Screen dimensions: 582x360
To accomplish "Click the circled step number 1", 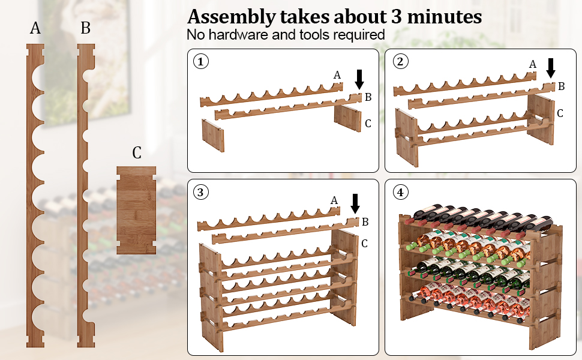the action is coord(201,61).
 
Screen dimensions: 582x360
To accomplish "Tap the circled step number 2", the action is coord(400,61).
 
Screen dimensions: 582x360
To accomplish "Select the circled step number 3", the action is coord(200,192).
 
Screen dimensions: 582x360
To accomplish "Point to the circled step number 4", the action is coord(400,192).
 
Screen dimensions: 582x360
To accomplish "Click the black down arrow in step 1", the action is coord(359,79).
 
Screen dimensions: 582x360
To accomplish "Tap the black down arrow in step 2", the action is coord(551,68).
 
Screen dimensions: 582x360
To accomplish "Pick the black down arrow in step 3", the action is coord(355,204).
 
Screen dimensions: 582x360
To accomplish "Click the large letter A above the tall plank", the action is coord(35,28).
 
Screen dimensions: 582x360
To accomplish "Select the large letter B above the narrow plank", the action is coord(85,28).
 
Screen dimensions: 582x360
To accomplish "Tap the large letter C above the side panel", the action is coord(137,152).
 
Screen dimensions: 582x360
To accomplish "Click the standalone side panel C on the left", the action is coord(136,210).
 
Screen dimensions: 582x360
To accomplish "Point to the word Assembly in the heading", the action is coord(231,17).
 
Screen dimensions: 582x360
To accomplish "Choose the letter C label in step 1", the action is coord(368,124).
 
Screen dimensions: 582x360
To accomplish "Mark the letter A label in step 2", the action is coord(533,65).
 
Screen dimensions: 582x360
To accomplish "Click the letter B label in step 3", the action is coord(365,222).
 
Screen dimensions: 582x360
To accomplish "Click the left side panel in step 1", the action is coord(213,136).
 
